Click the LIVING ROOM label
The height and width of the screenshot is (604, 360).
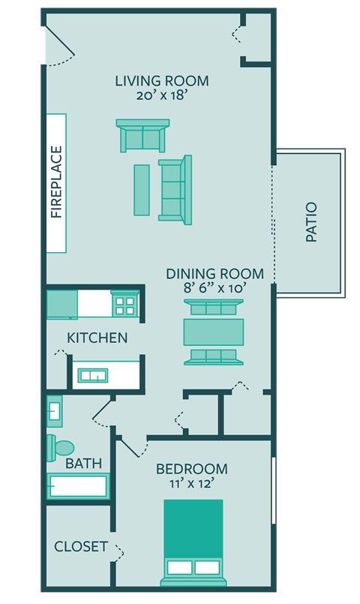pos(161,81)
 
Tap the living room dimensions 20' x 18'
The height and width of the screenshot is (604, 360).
pos(161,96)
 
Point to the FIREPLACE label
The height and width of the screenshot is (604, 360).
pos(57,182)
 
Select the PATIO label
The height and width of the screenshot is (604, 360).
pos(312,222)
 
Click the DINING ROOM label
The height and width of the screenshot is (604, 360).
pos(214,274)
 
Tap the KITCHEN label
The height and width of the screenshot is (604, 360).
pos(97,338)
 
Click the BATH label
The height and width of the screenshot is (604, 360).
pos(83,464)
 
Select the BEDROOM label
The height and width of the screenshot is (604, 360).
pos(191,470)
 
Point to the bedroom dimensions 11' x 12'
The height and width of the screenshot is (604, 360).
pos(191,484)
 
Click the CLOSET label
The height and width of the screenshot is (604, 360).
pos(81,547)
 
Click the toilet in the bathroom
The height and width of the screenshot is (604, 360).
pos(59,448)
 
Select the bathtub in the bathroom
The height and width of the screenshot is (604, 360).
pos(78,486)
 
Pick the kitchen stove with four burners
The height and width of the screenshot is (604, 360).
pos(124,305)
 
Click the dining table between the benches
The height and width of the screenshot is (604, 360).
pos(214,332)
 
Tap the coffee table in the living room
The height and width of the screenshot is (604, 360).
pos(142,190)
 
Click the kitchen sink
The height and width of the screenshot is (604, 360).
pos(95,374)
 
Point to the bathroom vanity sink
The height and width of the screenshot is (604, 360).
pos(55,410)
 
